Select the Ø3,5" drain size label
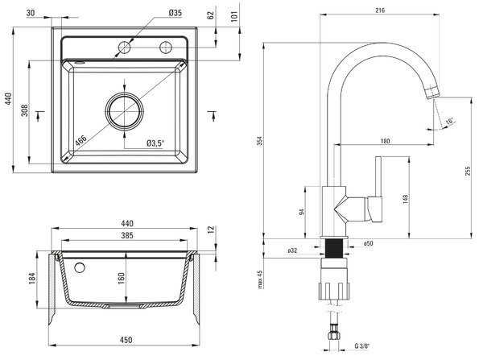point(155,143)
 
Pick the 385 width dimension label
point(126,235)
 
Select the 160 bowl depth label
point(121,278)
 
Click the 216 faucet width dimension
point(381,10)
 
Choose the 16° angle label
point(449,122)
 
